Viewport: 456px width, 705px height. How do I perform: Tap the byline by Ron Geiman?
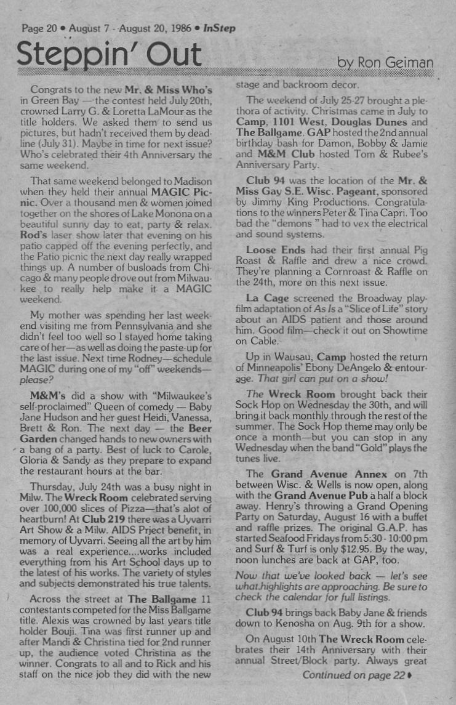coord(386,63)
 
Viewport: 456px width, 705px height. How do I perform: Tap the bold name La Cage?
coord(266,297)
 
